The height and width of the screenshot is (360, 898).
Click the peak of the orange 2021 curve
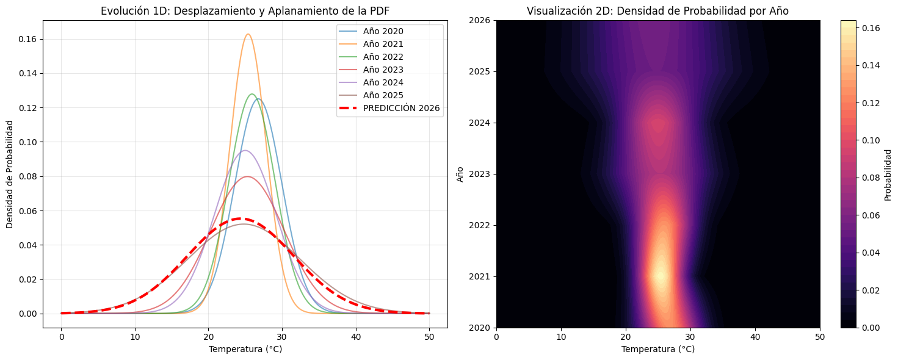(x=248, y=34)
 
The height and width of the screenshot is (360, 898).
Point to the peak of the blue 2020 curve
(x=258, y=99)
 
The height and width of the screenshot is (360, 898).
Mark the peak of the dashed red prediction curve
(x=242, y=218)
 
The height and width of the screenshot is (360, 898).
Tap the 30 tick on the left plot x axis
(x=282, y=337)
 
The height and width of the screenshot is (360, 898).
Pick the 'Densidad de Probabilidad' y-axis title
(x=10, y=174)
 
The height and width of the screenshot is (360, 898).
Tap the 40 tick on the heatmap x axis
(x=755, y=337)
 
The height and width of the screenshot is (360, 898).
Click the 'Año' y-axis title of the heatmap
(x=461, y=174)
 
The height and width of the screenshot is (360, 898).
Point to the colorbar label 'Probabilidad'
(x=888, y=174)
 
